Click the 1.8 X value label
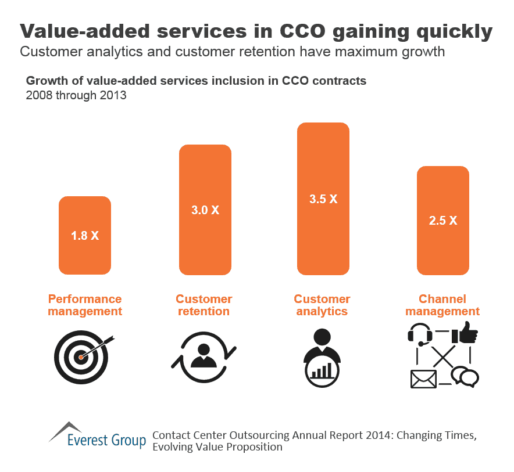coord(85,236)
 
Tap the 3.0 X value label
coord(205,210)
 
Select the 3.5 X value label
coord(323,199)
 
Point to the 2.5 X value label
coord(443,221)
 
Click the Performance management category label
coord(85,305)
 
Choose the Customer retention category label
coord(204,305)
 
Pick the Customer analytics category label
coord(322,305)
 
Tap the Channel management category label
coord(442,305)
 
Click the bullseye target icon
coord(81,355)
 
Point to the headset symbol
coord(419,336)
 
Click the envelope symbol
coord(423,379)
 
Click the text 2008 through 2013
coord(76,95)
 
